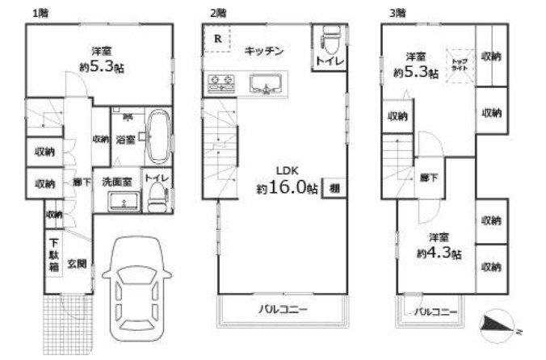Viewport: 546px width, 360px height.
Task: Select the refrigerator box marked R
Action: click(x=217, y=39)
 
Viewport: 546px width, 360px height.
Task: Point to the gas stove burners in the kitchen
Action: click(x=220, y=80)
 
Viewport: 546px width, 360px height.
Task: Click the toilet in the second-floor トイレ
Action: click(x=329, y=40)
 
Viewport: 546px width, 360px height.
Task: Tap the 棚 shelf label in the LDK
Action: click(x=334, y=188)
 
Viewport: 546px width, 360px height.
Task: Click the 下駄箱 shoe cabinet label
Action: click(x=52, y=255)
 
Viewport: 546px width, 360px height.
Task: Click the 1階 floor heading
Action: click(x=38, y=13)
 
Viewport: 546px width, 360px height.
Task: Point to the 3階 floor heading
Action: click(x=397, y=13)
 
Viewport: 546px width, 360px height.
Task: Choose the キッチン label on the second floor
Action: click(x=264, y=51)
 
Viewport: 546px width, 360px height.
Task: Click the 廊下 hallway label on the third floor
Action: click(x=429, y=178)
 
